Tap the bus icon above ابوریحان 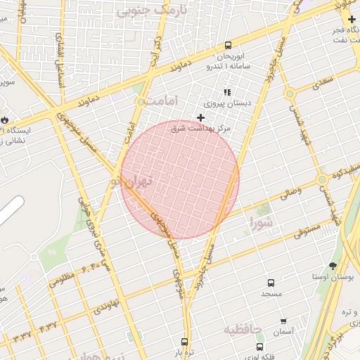(x=228, y=46)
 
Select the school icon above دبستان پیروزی (x=227, y=92)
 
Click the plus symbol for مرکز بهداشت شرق (x=200, y=117)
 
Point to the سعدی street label (x=324, y=82)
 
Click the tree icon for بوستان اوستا (x=333, y=266)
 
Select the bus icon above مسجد (x=270, y=283)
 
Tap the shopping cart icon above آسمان (x=283, y=321)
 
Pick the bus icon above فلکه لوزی (x=260, y=347)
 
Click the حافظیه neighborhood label (x=243, y=329)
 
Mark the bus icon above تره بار (x=185, y=342)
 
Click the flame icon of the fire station (x=6, y=120)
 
